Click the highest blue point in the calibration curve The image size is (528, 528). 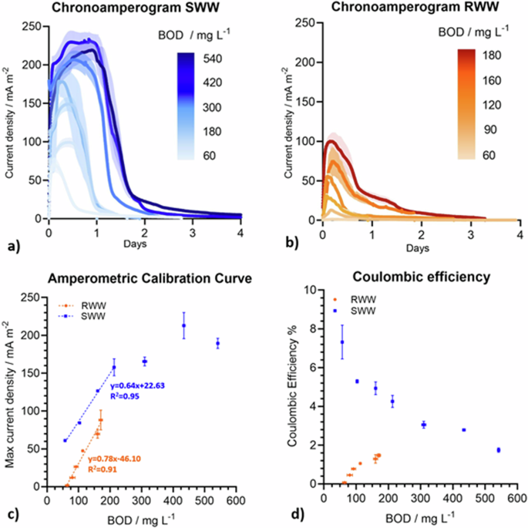tap(183, 325)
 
